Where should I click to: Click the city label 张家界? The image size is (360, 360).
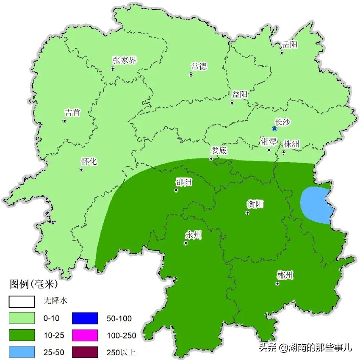(x=125, y=60)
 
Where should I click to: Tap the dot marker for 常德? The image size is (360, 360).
(x=191, y=75)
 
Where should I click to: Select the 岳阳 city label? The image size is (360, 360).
(x=290, y=44)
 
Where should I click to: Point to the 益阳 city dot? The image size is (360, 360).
(x=232, y=102)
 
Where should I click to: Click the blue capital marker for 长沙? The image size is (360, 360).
(x=274, y=128)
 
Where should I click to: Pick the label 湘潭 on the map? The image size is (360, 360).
(x=268, y=141)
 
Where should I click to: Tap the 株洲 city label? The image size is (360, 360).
(x=292, y=144)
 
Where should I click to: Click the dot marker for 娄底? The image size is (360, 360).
(x=211, y=159)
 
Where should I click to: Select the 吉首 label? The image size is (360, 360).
(x=72, y=113)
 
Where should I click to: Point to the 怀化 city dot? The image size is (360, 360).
(x=81, y=170)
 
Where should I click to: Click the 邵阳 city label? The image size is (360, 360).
(x=184, y=182)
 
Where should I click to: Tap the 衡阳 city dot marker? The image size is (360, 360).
(x=247, y=213)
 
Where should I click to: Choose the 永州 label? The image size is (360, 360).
(x=193, y=235)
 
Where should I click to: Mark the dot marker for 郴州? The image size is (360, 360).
(x=277, y=284)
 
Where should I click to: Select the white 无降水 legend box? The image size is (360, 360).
(x=22, y=301)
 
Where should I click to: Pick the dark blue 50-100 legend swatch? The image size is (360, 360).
(x=85, y=318)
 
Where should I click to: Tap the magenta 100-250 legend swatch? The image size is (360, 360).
(x=85, y=335)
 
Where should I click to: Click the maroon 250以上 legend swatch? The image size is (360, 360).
(x=85, y=352)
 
